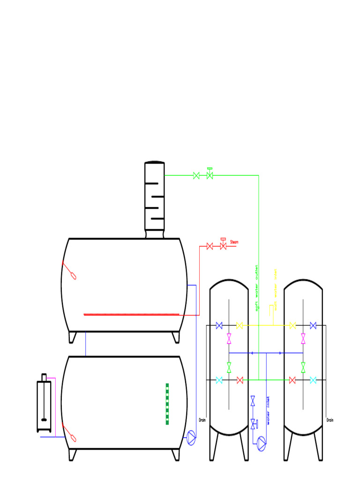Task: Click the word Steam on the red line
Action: (x=234, y=242)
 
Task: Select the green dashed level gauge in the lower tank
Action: (x=167, y=404)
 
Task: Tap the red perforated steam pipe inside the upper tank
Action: (x=131, y=315)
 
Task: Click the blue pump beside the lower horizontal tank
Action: (x=191, y=438)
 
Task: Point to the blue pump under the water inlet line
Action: (x=262, y=443)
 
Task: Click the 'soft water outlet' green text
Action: (x=257, y=288)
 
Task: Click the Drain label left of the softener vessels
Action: (x=202, y=420)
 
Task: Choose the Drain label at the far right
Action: (x=330, y=420)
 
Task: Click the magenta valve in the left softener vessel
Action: (x=229, y=338)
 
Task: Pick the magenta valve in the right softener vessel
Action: (x=303, y=338)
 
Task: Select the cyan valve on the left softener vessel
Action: (x=219, y=380)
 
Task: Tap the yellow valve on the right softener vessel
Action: (x=293, y=325)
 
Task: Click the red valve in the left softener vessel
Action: (x=240, y=380)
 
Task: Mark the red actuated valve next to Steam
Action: (x=223, y=245)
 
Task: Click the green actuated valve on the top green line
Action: (x=210, y=174)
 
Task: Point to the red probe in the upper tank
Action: (x=69, y=270)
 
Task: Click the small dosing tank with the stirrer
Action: (x=44, y=406)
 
